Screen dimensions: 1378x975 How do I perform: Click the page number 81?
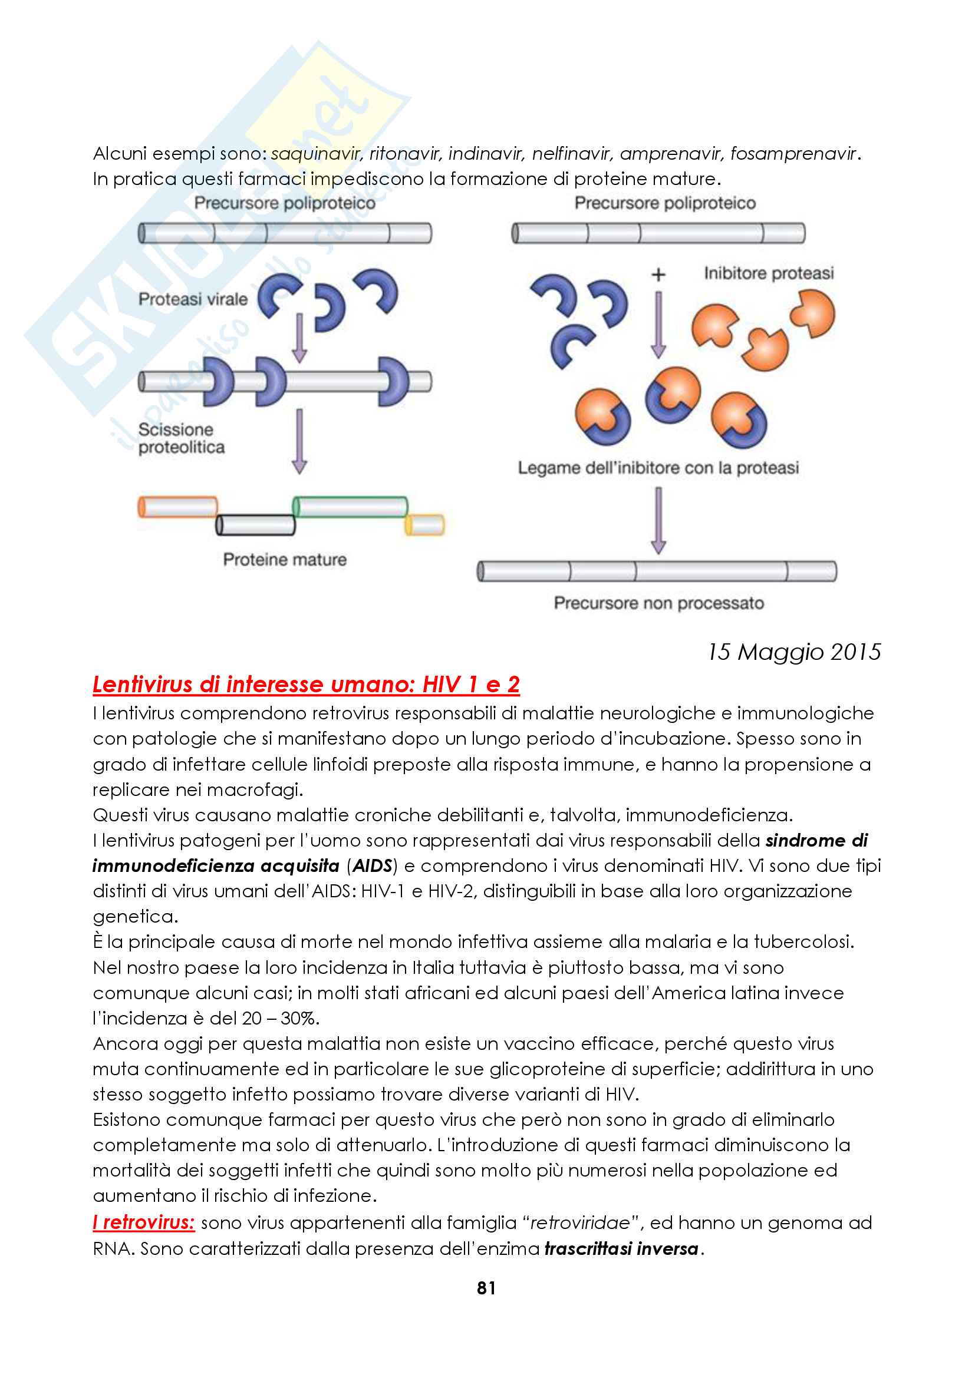coord(486,1288)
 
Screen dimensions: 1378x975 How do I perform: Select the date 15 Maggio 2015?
coord(793,652)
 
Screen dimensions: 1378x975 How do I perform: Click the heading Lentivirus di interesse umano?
coord(305,684)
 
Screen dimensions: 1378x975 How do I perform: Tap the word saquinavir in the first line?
coord(315,154)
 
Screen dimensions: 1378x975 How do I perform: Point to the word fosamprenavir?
coord(793,154)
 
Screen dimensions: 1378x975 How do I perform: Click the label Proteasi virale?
coord(193,299)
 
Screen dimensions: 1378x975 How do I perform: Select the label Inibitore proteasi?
coord(769,274)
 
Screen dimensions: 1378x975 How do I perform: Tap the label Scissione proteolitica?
coord(181,439)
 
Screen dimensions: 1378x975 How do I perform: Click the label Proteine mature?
coord(285,559)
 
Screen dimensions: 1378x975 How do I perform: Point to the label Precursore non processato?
coord(658,603)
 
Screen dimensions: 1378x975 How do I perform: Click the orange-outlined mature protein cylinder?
coord(177,507)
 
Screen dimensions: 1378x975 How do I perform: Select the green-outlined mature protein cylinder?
coord(350,507)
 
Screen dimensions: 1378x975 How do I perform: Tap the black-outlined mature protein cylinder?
coord(256,524)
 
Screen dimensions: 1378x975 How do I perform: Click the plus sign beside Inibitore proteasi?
coord(658,275)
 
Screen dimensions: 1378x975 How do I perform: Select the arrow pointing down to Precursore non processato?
coord(658,520)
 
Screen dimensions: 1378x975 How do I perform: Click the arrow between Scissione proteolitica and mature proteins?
coord(299,441)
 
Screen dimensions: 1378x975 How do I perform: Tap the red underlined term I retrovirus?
coord(144,1222)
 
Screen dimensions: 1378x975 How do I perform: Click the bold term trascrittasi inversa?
coord(621,1249)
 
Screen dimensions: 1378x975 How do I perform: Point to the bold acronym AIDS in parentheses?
coord(372,865)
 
